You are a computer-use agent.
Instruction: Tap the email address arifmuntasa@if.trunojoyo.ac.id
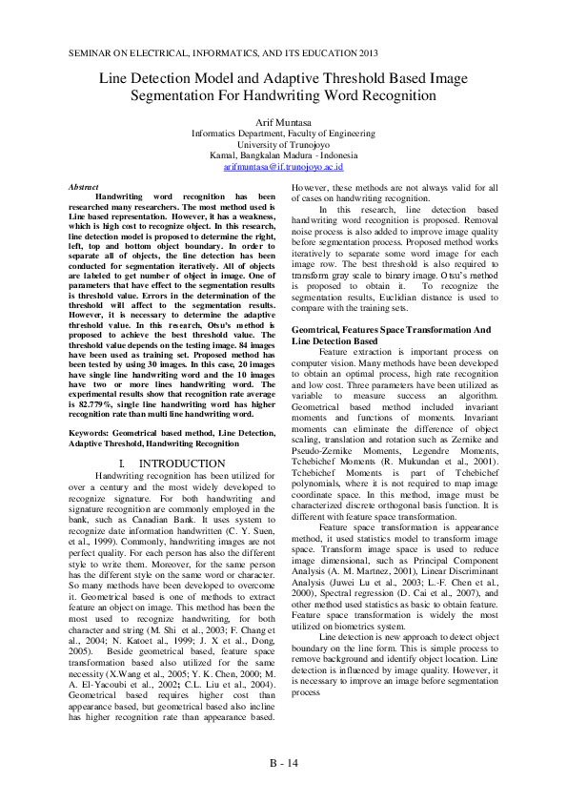pos(283,165)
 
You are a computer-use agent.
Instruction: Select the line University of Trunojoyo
pos(283,144)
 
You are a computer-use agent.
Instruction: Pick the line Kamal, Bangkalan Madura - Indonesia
pos(283,154)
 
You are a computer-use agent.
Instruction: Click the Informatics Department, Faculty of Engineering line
pos(283,134)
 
